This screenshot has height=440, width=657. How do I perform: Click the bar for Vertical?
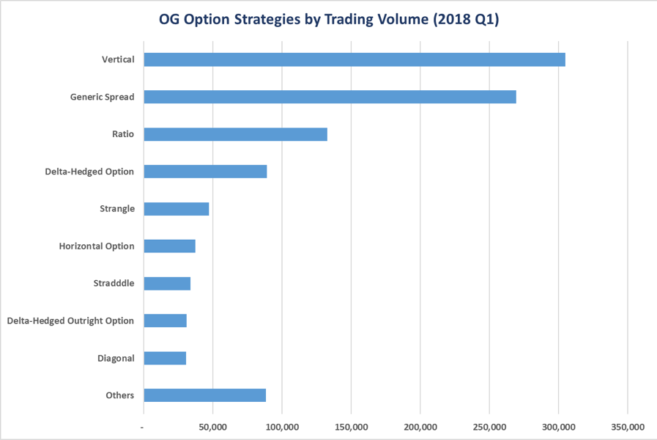click(355, 59)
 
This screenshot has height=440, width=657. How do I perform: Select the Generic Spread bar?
click(330, 97)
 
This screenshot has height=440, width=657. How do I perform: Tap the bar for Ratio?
click(235, 134)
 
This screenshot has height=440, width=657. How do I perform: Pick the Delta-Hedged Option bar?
click(205, 172)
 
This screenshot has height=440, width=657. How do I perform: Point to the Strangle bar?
click(177, 209)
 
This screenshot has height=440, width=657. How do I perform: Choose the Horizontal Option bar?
click(169, 246)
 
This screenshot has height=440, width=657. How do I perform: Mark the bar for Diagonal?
click(165, 358)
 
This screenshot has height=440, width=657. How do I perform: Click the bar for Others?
click(204, 395)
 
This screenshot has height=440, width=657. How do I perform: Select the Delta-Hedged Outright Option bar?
click(165, 320)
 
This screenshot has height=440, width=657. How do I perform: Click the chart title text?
click(329, 20)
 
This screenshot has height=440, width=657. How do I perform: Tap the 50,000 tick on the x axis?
click(212, 427)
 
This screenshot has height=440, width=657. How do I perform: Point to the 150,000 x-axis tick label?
click(351, 427)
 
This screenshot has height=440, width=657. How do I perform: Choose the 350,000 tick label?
click(628, 427)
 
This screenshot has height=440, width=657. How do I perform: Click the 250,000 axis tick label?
click(489, 427)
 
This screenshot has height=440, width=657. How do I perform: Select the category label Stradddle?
click(114, 283)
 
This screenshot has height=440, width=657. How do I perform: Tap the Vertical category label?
click(118, 59)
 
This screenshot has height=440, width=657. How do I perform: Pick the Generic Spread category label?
click(102, 97)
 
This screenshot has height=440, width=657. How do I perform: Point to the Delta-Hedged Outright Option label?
click(70, 320)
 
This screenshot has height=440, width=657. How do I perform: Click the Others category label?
click(119, 395)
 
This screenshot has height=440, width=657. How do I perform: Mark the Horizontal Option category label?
click(97, 246)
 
